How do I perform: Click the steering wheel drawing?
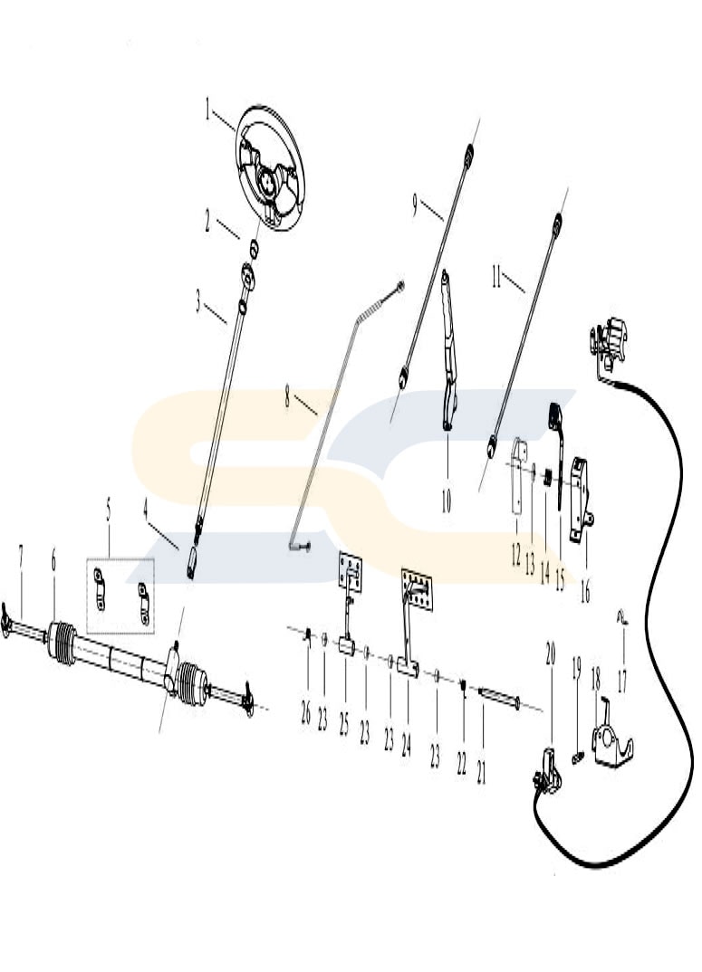271,167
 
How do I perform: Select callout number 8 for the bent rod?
287,395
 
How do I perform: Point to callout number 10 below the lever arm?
447,500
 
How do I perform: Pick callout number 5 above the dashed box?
109,511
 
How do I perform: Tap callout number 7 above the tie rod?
21,556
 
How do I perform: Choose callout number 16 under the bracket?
584,591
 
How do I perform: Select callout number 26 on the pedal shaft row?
305,713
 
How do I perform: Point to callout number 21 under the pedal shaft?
482,772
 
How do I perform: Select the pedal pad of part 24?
417,589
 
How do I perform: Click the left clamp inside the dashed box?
100,589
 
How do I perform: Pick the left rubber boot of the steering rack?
63,643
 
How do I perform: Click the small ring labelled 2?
254,248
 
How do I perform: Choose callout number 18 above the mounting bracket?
596,680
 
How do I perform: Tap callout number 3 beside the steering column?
198,303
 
